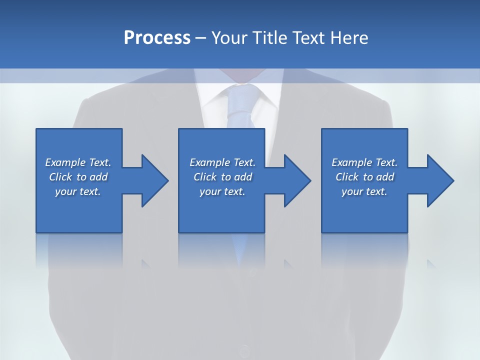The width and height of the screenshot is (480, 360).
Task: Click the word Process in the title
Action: click(x=157, y=38)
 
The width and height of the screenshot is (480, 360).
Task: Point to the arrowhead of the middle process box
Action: click(x=297, y=180)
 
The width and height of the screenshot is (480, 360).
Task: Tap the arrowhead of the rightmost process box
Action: click(x=440, y=180)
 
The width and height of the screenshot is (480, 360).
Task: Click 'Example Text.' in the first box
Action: click(x=78, y=162)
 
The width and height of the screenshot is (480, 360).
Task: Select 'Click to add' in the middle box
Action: click(x=222, y=177)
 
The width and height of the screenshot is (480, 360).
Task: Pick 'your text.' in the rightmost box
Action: click(x=364, y=191)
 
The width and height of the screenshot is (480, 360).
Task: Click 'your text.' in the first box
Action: click(x=78, y=191)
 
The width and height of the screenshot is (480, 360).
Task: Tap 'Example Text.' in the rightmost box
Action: click(x=364, y=162)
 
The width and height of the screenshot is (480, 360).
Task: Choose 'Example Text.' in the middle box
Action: click(x=222, y=162)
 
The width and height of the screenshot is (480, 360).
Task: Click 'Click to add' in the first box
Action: click(x=78, y=177)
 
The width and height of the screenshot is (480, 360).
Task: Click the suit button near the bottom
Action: click(x=243, y=350)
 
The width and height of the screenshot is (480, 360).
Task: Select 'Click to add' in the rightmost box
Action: click(x=364, y=177)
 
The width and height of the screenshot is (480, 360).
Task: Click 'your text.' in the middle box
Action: click(x=222, y=191)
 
